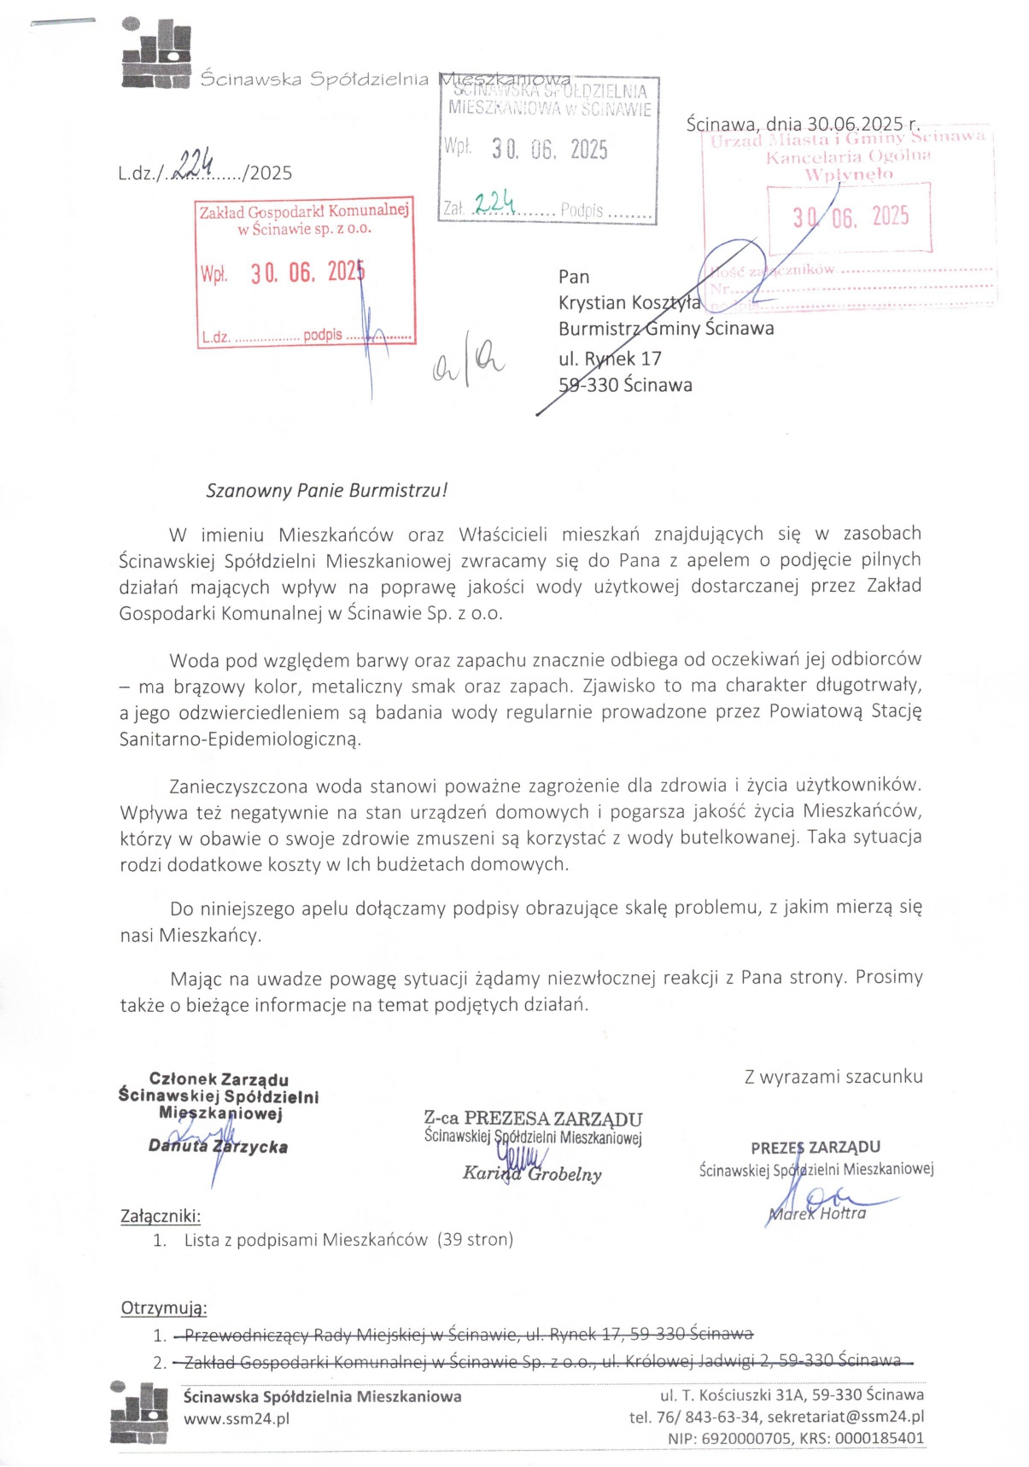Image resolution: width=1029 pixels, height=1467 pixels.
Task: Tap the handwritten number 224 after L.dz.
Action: pos(193,162)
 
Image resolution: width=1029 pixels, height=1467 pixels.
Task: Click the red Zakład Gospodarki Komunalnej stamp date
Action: pos(307,272)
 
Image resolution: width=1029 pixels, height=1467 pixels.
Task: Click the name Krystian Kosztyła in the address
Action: pos(629,303)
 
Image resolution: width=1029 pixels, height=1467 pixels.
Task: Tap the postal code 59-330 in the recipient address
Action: pos(588,385)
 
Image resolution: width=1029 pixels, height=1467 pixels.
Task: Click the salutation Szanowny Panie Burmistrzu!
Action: pos(326,491)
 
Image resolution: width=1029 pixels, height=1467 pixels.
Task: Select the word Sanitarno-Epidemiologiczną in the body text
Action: pos(240,739)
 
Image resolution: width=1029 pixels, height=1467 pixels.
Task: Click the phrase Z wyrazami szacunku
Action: pos(833,1077)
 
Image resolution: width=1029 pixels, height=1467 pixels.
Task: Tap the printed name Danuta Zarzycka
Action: pos(219,1147)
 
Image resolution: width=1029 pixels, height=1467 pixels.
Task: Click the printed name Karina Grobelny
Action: pos(532,1174)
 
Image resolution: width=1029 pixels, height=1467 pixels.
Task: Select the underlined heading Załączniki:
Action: pos(161,1216)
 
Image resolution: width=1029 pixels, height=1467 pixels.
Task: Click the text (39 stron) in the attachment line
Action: pos(475,1240)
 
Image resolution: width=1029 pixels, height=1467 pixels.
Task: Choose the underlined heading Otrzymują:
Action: pos(164,1308)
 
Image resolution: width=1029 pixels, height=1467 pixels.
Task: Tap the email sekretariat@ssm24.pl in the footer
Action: pos(845,1417)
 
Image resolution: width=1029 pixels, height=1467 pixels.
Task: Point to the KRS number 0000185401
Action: pos(879,1438)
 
